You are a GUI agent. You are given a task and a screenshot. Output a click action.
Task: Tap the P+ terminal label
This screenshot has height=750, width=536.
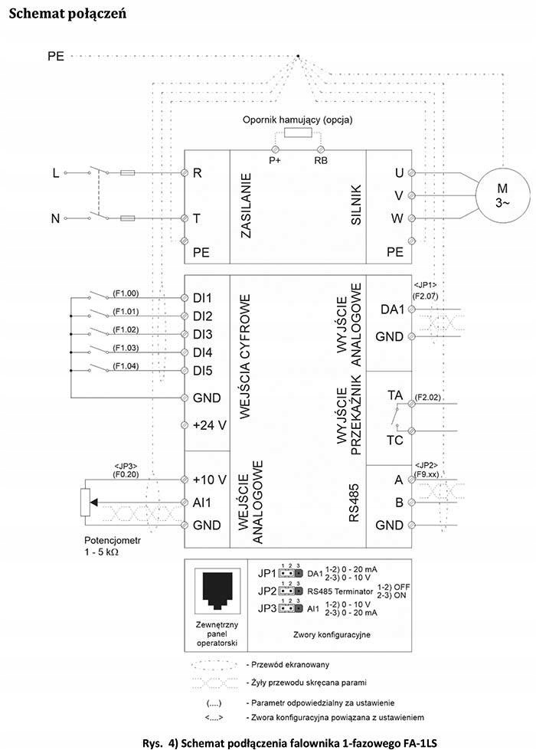click(273, 161)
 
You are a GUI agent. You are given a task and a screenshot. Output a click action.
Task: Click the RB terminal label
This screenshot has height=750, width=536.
click(321, 161)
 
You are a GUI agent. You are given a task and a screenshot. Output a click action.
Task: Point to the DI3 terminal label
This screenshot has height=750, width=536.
click(202, 334)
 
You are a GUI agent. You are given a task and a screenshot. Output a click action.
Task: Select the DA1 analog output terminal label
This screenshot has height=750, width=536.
click(393, 309)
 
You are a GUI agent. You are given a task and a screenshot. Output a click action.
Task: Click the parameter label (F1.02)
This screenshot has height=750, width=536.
click(126, 329)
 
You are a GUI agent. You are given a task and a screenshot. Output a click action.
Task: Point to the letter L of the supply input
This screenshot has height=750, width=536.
click(55, 173)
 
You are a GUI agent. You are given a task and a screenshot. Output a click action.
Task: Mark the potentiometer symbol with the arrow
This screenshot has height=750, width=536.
click(87, 503)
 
